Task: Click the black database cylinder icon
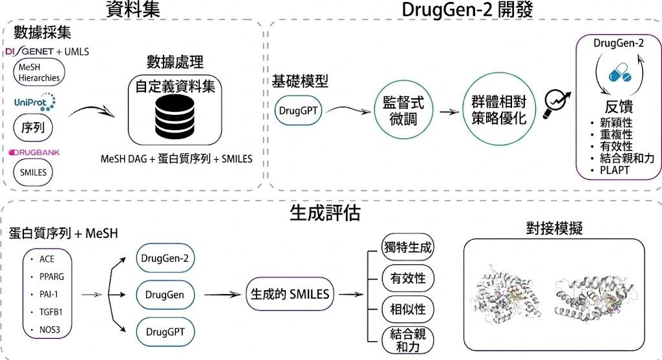point(175,116)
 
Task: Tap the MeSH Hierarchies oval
point(39,72)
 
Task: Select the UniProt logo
point(35,102)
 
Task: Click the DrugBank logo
point(34,153)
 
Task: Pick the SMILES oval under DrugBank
point(33,172)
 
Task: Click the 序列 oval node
point(33,127)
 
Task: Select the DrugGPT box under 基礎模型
point(298,111)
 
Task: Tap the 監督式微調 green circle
point(403,111)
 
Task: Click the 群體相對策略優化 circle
point(498,109)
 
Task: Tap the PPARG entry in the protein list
point(52,277)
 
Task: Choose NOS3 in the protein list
point(49,330)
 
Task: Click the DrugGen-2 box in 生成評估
point(165,259)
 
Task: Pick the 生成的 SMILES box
point(290,293)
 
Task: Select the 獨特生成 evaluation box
point(407,248)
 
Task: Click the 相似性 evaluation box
point(407,310)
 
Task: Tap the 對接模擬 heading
point(554,228)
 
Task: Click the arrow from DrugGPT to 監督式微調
point(348,109)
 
